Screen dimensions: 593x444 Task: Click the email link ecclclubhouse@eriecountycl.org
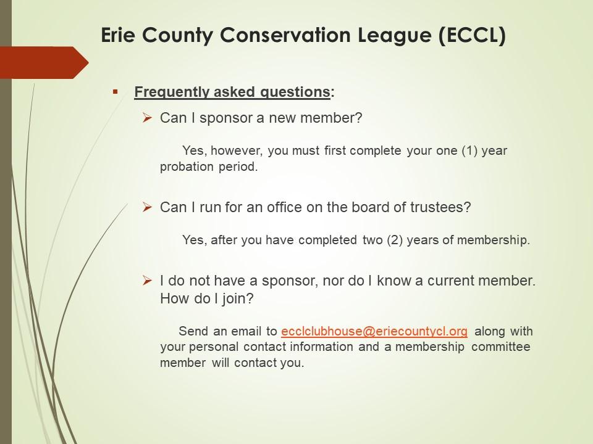(x=374, y=331)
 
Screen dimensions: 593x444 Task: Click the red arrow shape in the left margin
(x=44, y=63)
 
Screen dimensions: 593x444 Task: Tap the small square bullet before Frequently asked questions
(x=116, y=91)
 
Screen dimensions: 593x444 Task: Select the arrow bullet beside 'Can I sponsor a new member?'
(x=147, y=118)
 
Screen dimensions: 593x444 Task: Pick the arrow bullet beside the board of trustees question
(x=147, y=207)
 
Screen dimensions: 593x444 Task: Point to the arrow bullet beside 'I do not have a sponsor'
(x=147, y=281)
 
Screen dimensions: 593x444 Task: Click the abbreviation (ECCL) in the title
(x=473, y=35)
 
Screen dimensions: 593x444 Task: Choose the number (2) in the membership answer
(x=395, y=240)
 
